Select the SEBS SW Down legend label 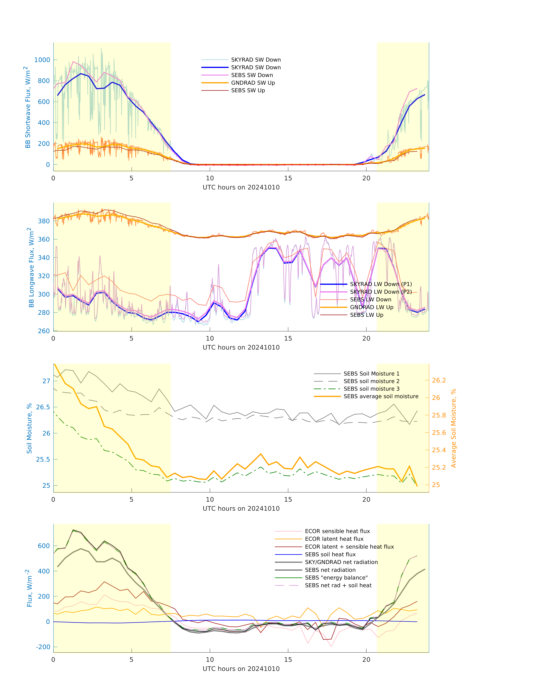252,75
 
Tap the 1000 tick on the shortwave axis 42,60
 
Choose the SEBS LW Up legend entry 366,315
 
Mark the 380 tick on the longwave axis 44,221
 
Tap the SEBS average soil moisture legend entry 381,396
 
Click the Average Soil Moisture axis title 453,428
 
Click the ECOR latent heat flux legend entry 334,539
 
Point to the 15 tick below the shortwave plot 288,178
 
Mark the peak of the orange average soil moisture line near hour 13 261,454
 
